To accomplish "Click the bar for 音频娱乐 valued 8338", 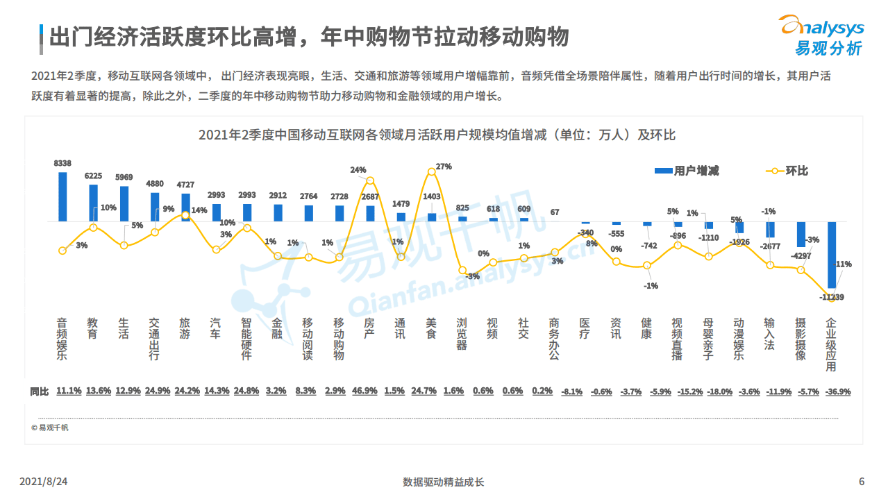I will click(x=62, y=196).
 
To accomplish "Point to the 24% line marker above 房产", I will click(x=370, y=180).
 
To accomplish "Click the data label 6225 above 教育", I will click(x=93, y=176).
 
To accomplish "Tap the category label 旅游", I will click(x=185, y=328).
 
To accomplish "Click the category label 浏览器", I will click(x=462, y=334).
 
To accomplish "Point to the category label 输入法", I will click(x=769, y=334).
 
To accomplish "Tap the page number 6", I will click(x=862, y=482).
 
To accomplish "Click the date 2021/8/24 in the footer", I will click(x=48, y=482).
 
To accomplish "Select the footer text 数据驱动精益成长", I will click(x=443, y=482).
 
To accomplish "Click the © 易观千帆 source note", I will click(x=50, y=428).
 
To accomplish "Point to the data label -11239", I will click(x=831, y=297).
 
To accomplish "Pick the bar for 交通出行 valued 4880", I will click(x=155, y=207).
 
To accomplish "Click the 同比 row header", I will click(x=40, y=391).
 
